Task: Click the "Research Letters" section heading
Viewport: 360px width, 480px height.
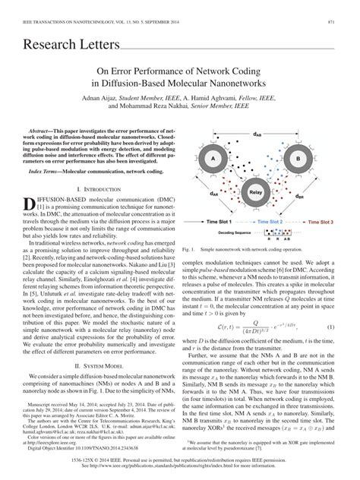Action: click(62, 45)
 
